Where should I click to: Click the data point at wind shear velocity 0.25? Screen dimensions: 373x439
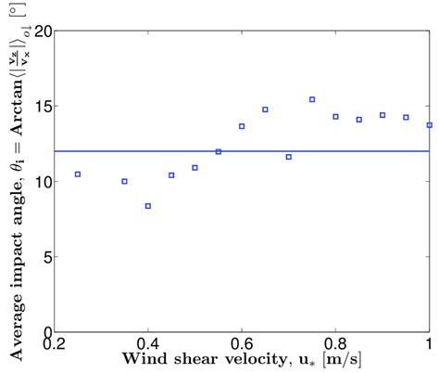pos(78,174)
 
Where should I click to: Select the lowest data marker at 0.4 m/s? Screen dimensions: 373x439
pos(148,206)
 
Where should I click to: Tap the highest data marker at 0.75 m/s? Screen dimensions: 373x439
pos(312,99)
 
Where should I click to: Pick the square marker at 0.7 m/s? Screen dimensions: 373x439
pos(289,157)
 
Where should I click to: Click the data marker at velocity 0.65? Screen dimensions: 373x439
pos(265,109)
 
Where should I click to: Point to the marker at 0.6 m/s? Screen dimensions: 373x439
pos(242,126)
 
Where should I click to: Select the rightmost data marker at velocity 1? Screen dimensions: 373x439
pos(429,125)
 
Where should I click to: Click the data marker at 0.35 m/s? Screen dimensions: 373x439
pos(125,181)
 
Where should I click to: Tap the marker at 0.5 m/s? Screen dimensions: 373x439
pos(194,168)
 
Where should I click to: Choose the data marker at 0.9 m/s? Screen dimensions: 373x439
pos(383,115)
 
